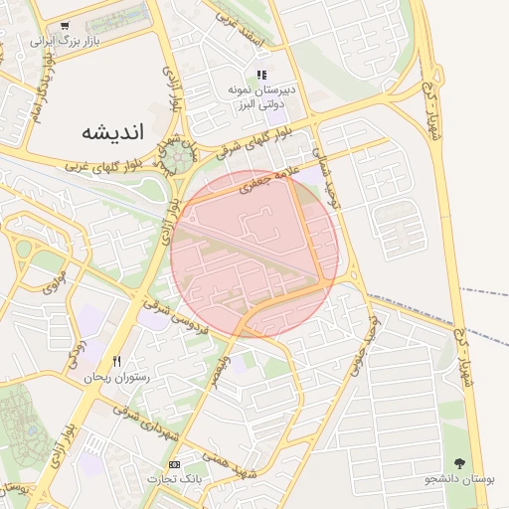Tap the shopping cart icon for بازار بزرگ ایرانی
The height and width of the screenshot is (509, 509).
coord(65,27)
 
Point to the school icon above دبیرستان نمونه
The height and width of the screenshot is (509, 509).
coord(261,75)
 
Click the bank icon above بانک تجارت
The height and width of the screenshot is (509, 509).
coord(176,464)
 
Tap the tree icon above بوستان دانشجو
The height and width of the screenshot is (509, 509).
coord(459,463)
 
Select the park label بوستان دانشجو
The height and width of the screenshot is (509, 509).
coord(459,479)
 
